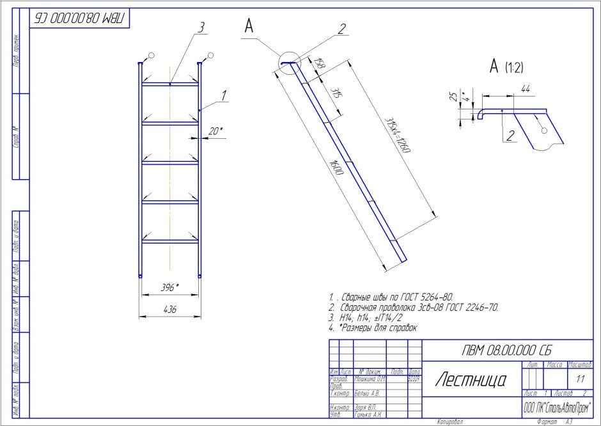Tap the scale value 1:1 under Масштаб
click(x=580, y=379)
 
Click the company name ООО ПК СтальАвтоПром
click(x=557, y=407)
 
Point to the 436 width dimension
click(x=169, y=309)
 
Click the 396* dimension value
click(x=168, y=288)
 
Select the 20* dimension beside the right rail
click(x=215, y=132)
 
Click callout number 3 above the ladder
click(x=201, y=27)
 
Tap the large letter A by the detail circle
click(x=249, y=26)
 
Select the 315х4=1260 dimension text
click(x=397, y=135)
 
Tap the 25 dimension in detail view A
click(x=453, y=97)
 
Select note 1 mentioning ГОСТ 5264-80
click(x=391, y=297)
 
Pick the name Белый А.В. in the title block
click(x=366, y=393)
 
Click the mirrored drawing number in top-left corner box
click(x=80, y=18)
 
